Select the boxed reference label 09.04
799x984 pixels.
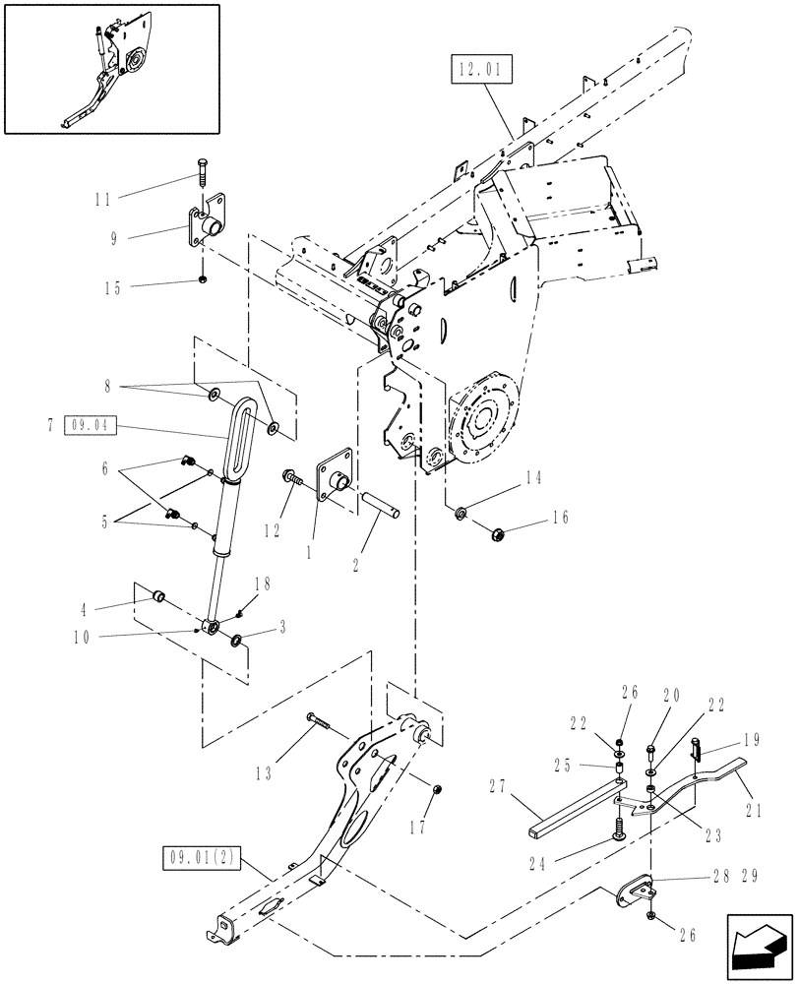[92, 425]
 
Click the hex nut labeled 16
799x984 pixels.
[498, 533]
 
